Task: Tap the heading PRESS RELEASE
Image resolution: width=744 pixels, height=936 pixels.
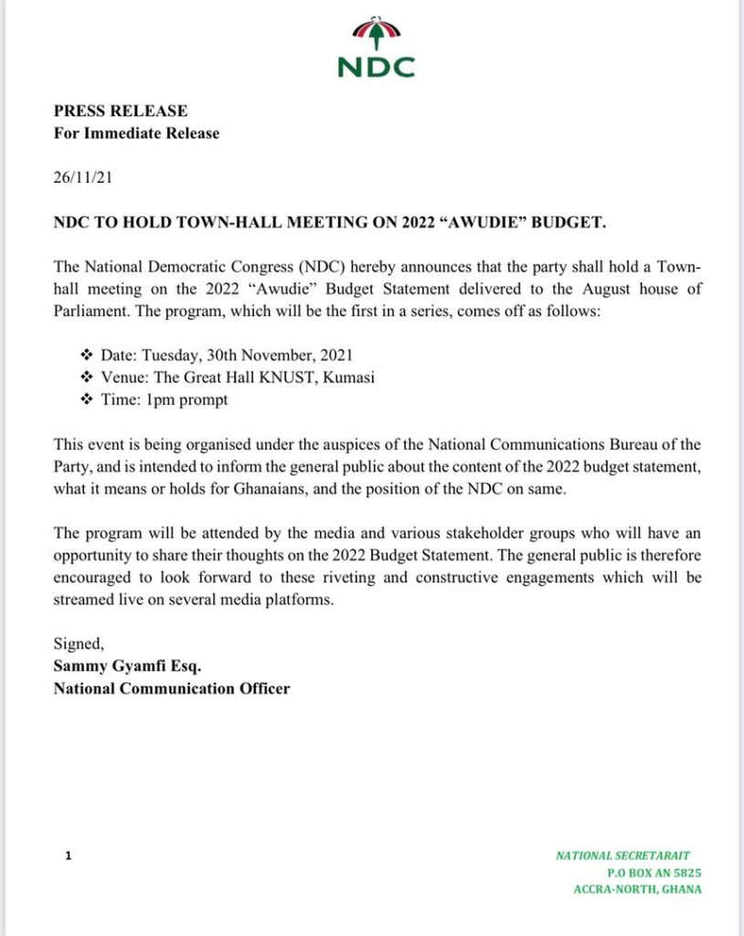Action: (120, 111)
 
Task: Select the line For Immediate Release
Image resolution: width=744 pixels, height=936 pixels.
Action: (136, 133)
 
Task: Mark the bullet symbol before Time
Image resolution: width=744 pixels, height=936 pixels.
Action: (87, 400)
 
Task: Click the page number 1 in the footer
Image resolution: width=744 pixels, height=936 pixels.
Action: (67, 856)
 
